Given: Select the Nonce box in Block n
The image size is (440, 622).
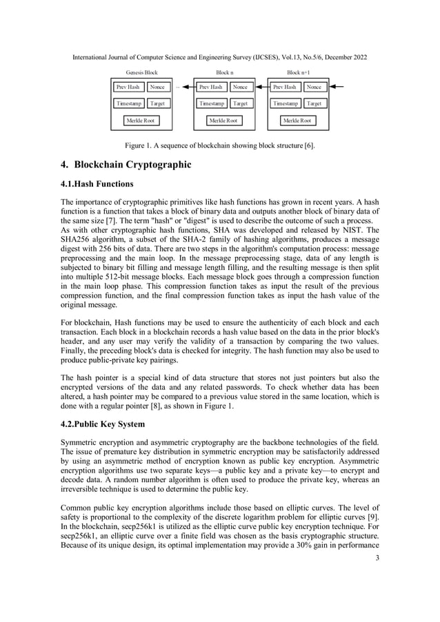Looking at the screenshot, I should click(x=240, y=87).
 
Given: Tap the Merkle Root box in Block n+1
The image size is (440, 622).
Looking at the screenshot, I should click(x=297, y=121).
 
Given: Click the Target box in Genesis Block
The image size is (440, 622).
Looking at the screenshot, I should click(x=157, y=103).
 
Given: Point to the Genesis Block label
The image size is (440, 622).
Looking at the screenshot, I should click(x=141, y=72).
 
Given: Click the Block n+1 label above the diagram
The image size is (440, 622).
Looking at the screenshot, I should click(x=298, y=72).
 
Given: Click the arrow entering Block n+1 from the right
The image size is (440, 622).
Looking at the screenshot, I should click(x=336, y=87).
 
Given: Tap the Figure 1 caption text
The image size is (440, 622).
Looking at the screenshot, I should click(x=219, y=146).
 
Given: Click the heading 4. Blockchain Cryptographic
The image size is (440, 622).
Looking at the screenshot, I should click(x=126, y=165).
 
